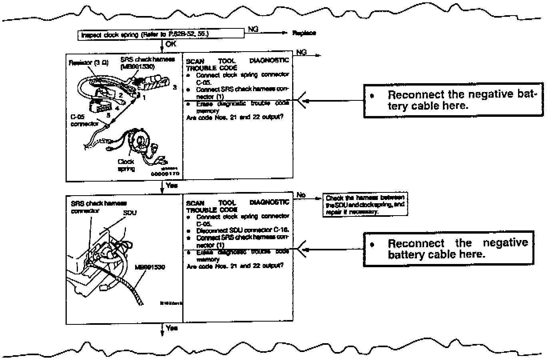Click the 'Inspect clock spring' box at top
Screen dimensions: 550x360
[x=160, y=35]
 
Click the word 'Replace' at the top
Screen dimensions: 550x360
[x=304, y=33]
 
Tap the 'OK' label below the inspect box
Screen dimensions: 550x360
[x=171, y=44]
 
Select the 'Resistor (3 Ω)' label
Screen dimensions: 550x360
[x=88, y=63]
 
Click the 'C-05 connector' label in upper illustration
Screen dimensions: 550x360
[x=84, y=120]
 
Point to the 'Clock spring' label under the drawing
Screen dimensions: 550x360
[x=126, y=165]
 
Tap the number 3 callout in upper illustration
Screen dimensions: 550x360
[x=175, y=87]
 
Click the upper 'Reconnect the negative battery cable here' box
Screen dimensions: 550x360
[x=453, y=100]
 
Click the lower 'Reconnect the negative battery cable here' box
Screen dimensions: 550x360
[x=448, y=249]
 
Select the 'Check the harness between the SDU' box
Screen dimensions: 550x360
[x=365, y=205]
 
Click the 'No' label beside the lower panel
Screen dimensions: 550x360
[x=301, y=195]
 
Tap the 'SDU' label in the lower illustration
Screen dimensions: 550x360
[x=130, y=213]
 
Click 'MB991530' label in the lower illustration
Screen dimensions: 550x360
[x=150, y=267]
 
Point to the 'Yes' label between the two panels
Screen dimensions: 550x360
[x=171, y=186]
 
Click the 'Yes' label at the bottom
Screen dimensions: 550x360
[x=171, y=328]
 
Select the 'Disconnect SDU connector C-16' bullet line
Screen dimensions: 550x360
[x=242, y=230]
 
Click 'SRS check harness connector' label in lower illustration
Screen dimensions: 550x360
[x=99, y=207]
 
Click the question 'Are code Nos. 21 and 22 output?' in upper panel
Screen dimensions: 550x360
[x=235, y=118]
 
